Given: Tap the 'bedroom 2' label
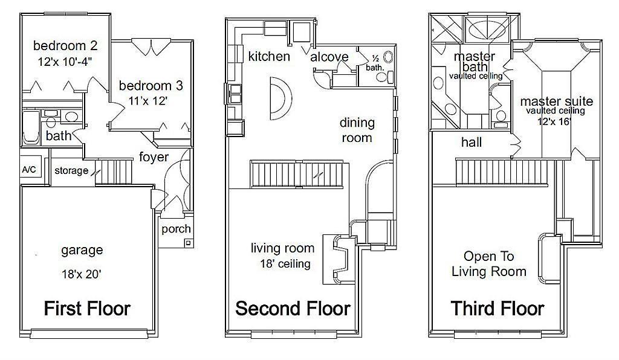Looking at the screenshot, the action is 65,46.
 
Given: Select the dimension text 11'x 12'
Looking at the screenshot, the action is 148,101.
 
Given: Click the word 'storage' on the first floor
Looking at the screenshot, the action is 71,171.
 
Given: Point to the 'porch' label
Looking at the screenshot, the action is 176,229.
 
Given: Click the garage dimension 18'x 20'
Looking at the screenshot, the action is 82,274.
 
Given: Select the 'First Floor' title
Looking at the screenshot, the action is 87,308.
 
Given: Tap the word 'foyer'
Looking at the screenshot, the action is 154,157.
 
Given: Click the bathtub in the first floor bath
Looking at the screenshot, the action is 31,127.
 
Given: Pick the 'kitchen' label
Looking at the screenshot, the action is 269,56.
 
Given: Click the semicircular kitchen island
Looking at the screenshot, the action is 280,98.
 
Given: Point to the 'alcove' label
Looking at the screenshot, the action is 329,57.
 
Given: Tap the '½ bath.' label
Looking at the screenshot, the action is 375,63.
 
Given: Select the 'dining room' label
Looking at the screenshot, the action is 357,130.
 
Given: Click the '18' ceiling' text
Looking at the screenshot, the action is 285,264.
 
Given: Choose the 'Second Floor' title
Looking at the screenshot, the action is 293,308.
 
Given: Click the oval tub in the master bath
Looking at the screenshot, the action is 486,30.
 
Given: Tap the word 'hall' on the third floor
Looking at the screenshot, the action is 472,142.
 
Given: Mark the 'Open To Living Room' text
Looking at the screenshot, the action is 488,264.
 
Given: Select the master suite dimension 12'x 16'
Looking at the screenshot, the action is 555,121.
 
